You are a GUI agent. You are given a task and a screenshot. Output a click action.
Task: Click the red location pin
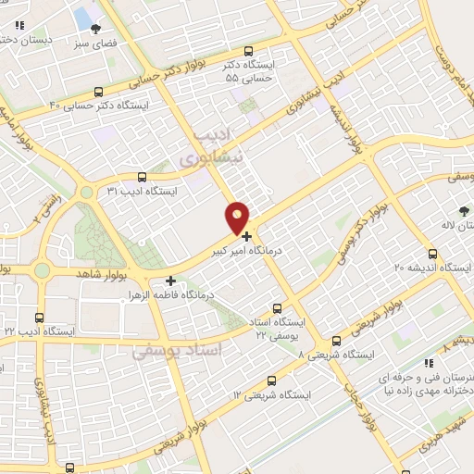pos(238,218)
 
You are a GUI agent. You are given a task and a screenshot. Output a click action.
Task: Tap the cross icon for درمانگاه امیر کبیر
pos(246,236)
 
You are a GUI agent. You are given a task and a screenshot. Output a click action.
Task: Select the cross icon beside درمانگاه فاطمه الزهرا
pos(170,280)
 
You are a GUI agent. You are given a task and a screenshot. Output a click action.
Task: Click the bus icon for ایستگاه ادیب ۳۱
pos(142,178)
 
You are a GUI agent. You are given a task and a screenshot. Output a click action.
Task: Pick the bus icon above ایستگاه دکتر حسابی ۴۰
pos(99,92)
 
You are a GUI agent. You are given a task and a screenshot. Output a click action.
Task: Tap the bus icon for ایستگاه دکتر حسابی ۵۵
pos(247,52)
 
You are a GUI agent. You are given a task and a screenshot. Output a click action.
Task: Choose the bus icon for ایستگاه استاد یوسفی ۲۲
pos(278,308)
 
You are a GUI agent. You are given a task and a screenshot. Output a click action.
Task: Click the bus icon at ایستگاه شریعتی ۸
pos(335,341)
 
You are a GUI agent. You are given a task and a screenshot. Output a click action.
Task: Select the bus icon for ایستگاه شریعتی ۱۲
pos(271,380)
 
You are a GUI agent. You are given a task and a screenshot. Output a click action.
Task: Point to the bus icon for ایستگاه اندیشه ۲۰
pos(432,254)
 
